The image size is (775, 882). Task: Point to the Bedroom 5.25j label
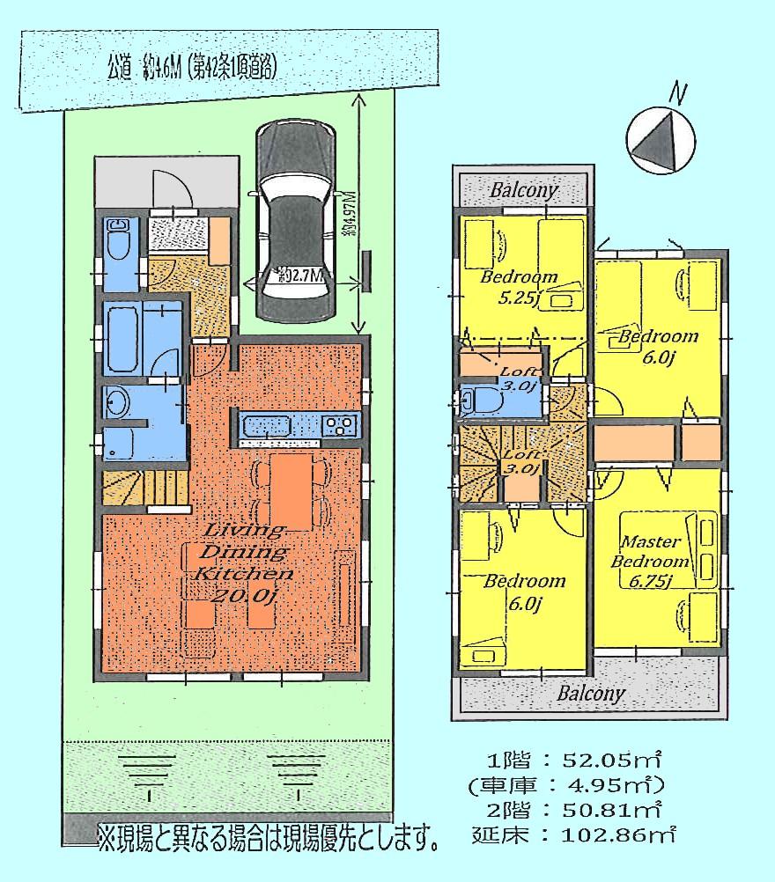coord(519,287)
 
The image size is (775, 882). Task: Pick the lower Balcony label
coord(591,693)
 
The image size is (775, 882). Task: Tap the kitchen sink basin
coord(271,427)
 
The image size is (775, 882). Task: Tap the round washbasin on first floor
coord(116,404)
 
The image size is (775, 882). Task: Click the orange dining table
coord(291,492)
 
